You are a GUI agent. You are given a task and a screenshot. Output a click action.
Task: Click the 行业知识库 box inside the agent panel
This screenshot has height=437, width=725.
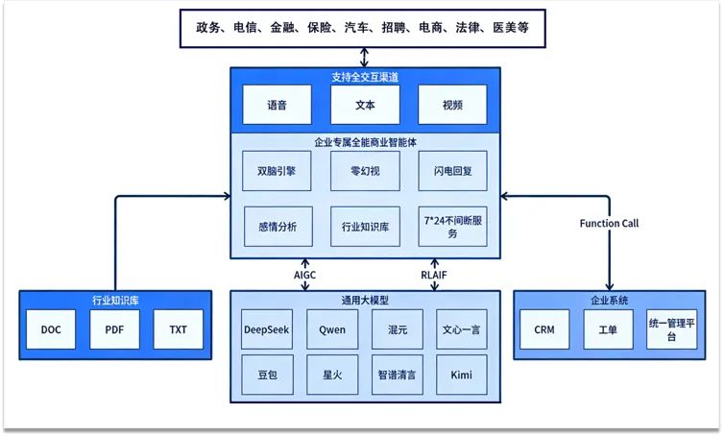tap(364, 227)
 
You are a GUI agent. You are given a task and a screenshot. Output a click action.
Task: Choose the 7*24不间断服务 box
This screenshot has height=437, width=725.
tap(451, 227)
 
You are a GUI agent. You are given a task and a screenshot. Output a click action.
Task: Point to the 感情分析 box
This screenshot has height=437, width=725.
tap(277, 227)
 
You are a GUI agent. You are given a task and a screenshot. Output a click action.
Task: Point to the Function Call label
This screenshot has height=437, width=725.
tap(609, 223)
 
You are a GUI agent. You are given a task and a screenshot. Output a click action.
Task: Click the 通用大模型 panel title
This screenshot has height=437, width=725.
tap(364, 299)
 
